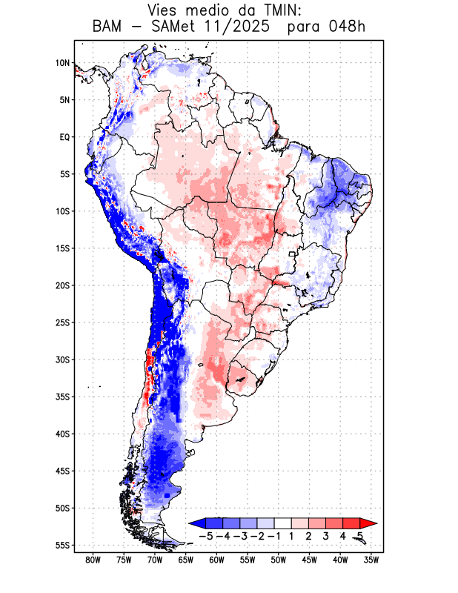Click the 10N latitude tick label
point(62,63)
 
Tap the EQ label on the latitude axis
point(64,137)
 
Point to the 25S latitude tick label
point(62,322)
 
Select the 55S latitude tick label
point(62,545)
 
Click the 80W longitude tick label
point(93,560)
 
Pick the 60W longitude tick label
point(216,560)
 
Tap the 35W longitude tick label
point(371,560)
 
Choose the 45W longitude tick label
point(309,560)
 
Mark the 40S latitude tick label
point(62,434)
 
